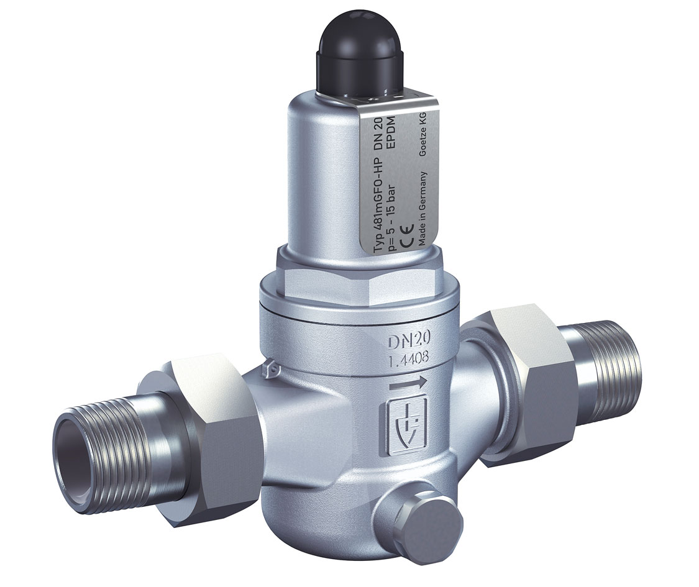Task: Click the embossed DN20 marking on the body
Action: coord(408,341)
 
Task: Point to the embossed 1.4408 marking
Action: coord(408,359)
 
